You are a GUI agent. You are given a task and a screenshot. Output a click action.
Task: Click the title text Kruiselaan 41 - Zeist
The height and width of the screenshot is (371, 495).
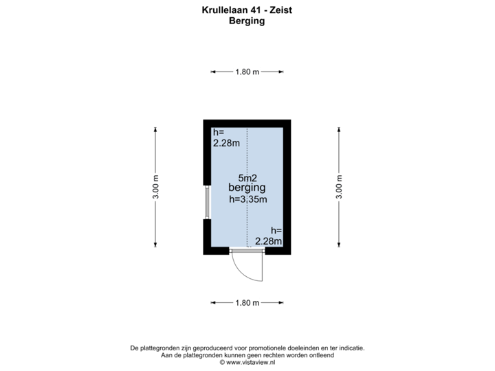(x=247, y=10)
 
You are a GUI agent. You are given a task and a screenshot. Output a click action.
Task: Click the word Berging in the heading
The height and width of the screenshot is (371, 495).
(x=247, y=21)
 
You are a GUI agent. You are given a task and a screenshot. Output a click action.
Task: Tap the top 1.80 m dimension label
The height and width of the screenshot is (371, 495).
(x=247, y=71)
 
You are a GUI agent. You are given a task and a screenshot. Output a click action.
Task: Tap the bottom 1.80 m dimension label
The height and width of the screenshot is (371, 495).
(x=247, y=302)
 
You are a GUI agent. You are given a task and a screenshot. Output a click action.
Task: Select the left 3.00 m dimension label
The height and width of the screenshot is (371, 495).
(x=157, y=186)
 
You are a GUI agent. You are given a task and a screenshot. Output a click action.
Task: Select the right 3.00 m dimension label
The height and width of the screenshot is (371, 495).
(x=338, y=186)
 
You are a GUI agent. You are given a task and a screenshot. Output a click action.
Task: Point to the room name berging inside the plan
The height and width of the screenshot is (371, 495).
(x=247, y=188)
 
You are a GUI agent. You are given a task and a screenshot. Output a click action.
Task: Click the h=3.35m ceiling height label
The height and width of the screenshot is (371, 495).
(x=247, y=200)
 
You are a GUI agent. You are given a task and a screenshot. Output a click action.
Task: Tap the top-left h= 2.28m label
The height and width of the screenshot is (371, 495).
(x=226, y=138)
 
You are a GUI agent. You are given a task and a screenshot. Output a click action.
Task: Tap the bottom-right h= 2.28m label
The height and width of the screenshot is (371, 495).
(x=268, y=236)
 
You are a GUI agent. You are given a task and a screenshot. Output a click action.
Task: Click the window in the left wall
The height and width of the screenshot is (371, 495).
(x=206, y=202)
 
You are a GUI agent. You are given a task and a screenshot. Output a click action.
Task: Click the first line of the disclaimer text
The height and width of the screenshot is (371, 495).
(x=247, y=348)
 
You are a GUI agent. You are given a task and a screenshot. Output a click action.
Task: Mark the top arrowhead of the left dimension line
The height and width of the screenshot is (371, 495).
(x=157, y=127)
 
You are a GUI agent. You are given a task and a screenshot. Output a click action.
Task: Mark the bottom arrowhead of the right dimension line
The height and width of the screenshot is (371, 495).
(x=338, y=247)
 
